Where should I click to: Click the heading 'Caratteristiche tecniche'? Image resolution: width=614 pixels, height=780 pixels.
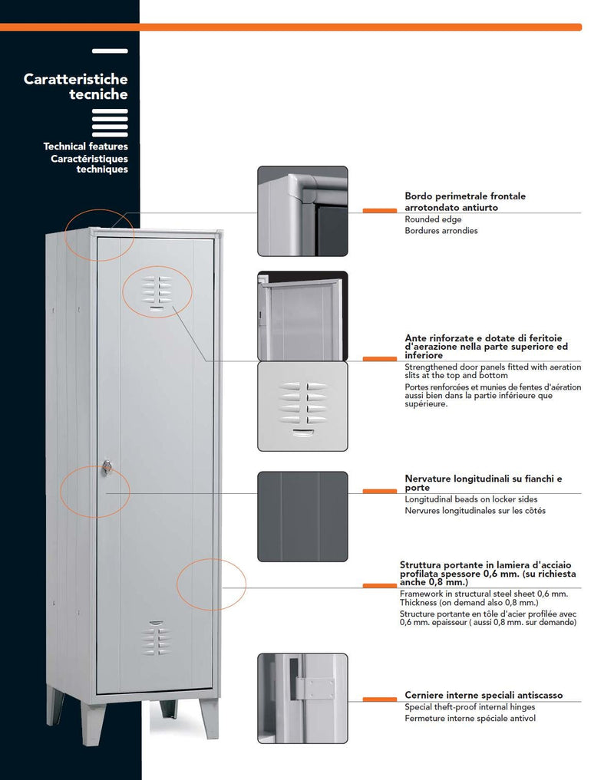coord(76,87)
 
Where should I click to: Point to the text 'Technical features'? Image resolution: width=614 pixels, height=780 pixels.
coord(86,146)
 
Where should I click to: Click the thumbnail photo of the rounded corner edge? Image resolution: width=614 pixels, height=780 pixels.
coord(302,211)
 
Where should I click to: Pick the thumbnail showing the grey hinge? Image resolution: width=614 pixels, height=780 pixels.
coord(302,698)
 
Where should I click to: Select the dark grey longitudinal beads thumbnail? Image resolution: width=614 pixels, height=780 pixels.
coord(302,516)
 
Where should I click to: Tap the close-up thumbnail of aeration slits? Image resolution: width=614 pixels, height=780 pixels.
coord(302,406)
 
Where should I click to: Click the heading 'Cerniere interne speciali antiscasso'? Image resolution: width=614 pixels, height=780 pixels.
coord(484,695)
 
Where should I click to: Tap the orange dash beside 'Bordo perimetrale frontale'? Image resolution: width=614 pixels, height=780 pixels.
coord(379,209)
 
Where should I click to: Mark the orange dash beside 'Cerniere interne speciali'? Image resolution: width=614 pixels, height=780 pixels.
coord(379,699)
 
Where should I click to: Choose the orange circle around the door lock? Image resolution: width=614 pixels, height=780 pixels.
coord(95,491)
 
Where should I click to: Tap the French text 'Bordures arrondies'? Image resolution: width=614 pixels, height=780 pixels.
coord(441,231)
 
